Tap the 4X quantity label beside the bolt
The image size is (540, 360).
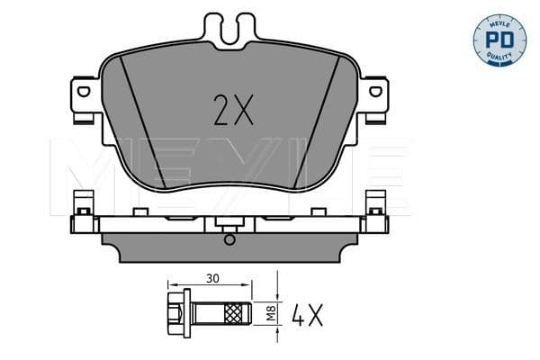(x=305, y=314)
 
